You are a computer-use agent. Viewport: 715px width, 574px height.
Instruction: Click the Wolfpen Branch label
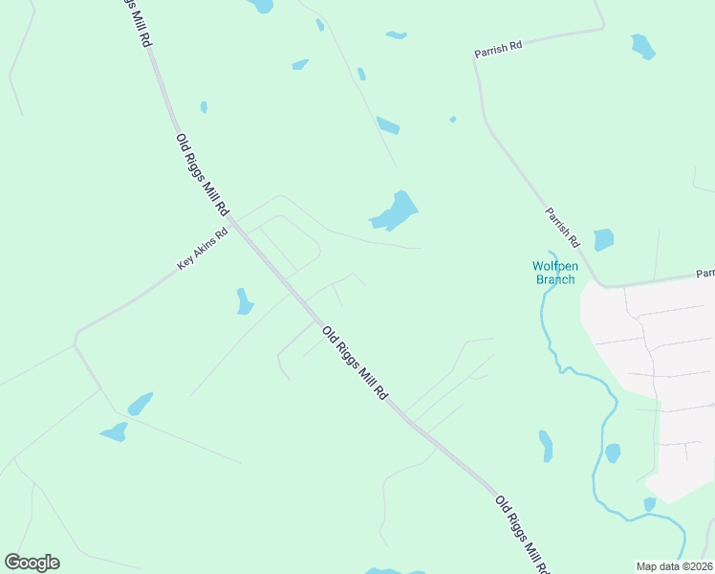click(x=554, y=273)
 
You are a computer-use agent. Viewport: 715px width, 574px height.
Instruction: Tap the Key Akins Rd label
click(x=203, y=249)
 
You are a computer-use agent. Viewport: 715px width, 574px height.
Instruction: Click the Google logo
click(x=32, y=563)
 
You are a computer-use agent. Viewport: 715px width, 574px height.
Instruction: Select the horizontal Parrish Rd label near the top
click(x=499, y=49)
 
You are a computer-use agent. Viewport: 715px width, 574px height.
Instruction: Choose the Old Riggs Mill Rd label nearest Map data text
click(x=523, y=536)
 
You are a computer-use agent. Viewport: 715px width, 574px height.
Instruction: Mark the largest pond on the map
click(x=396, y=210)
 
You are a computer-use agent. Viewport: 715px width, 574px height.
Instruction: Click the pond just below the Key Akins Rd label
click(x=244, y=301)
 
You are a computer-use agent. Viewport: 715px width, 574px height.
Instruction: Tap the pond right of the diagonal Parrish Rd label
click(x=603, y=239)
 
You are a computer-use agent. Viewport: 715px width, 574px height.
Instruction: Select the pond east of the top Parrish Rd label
click(x=642, y=46)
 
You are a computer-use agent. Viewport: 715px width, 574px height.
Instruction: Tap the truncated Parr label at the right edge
click(x=704, y=273)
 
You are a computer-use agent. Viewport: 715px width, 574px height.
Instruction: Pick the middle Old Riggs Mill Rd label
click(x=356, y=363)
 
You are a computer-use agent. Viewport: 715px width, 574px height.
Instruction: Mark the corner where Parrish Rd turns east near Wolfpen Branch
click(x=600, y=284)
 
